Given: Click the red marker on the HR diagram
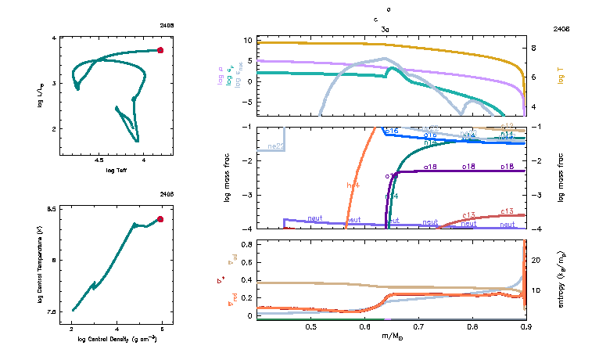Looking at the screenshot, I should [x=160, y=50].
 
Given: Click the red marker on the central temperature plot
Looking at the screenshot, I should [x=160, y=219].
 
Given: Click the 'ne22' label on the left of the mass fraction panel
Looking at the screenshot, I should [x=275, y=146].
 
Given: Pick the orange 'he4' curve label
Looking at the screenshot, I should [x=353, y=185].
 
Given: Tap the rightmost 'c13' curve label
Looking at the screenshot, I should [x=506, y=211].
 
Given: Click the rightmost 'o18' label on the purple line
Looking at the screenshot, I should [x=506, y=167].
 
